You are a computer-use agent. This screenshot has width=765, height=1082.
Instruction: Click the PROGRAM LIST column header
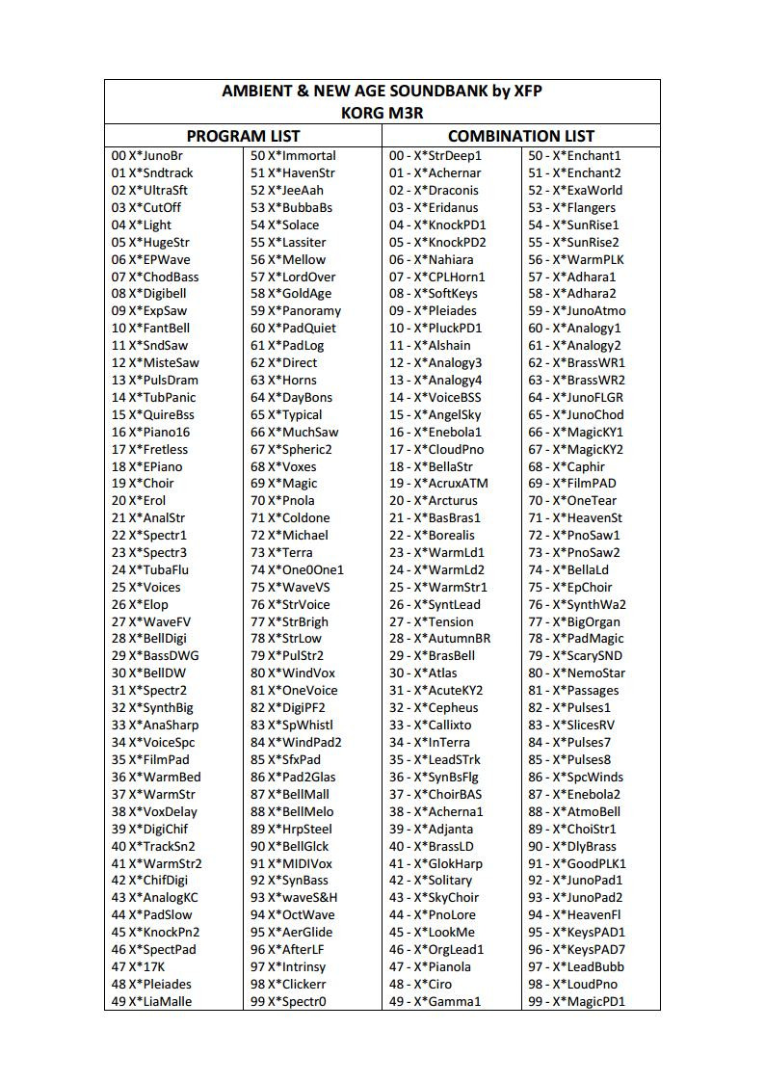pyautogui.click(x=243, y=136)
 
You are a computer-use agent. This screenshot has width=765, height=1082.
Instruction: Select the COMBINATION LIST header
pyautogui.click(x=521, y=136)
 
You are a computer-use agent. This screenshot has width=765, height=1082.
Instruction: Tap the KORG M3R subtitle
pyautogui.click(x=382, y=113)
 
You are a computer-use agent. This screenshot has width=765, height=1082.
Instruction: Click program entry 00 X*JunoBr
pyautogui.click(x=147, y=156)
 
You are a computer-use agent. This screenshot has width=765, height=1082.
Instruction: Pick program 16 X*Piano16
pyautogui.click(x=151, y=432)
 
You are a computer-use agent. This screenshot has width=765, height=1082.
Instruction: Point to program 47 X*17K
pyautogui.click(x=139, y=966)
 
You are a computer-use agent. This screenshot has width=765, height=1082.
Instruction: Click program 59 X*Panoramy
pyautogui.click(x=296, y=311)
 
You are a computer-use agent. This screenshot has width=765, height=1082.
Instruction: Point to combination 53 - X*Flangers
pyautogui.click(x=571, y=207)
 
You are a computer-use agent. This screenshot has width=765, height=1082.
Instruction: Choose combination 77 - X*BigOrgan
pyautogui.click(x=574, y=621)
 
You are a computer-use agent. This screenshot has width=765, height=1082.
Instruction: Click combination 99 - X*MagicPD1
pyautogui.click(x=576, y=1001)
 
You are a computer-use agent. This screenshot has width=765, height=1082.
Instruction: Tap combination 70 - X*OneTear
pyautogui.click(x=572, y=501)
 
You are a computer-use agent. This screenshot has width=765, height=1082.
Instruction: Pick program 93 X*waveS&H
pyautogui.click(x=294, y=898)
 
